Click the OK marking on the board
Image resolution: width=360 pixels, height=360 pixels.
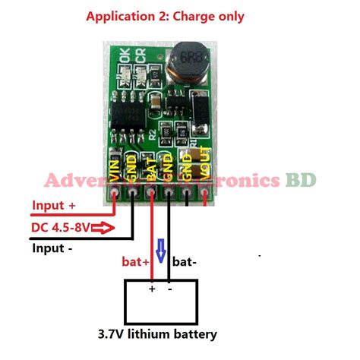click(x=121, y=55)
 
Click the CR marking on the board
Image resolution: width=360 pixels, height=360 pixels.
click(x=140, y=54)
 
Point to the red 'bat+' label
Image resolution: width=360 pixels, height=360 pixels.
click(x=137, y=262)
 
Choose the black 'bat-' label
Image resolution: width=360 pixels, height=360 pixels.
click(x=185, y=262)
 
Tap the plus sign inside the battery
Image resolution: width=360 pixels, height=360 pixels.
click(x=151, y=289)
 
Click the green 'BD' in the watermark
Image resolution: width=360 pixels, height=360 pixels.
click(x=296, y=182)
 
